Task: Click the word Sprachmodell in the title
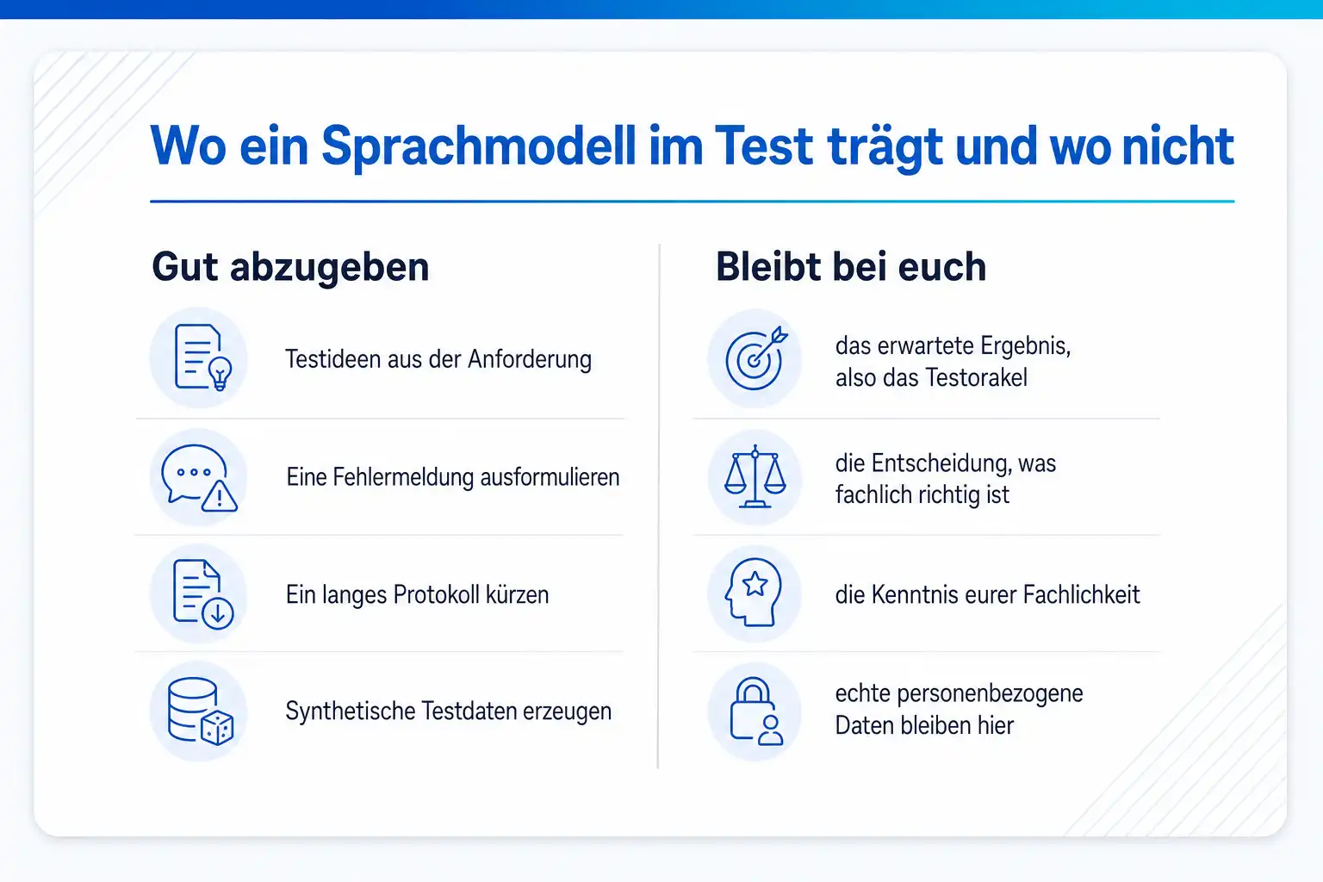(x=478, y=146)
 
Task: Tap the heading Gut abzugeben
(x=290, y=268)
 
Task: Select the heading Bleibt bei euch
(x=851, y=267)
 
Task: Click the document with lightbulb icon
(x=203, y=357)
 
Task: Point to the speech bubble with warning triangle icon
(x=199, y=478)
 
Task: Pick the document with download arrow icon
(x=203, y=593)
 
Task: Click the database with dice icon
(x=200, y=711)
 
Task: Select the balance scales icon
(x=755, y=477)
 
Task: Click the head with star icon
(x=753, y=593)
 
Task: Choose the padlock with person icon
(x=756, y=711)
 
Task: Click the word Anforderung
(x=529, y=360)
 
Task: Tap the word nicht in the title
(x=1177, y=146)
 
